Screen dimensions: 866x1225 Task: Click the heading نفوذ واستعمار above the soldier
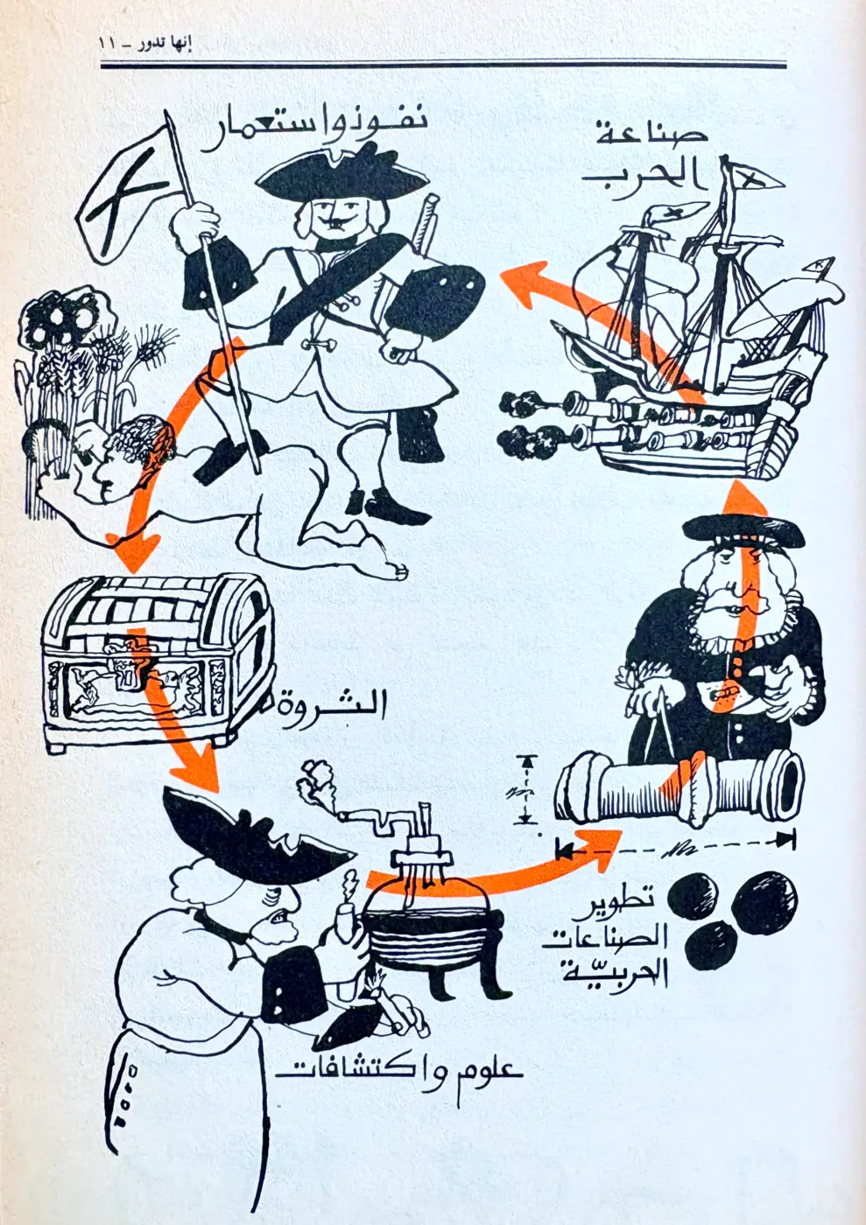(313, 130)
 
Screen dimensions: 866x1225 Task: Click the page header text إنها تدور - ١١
(145, 44)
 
